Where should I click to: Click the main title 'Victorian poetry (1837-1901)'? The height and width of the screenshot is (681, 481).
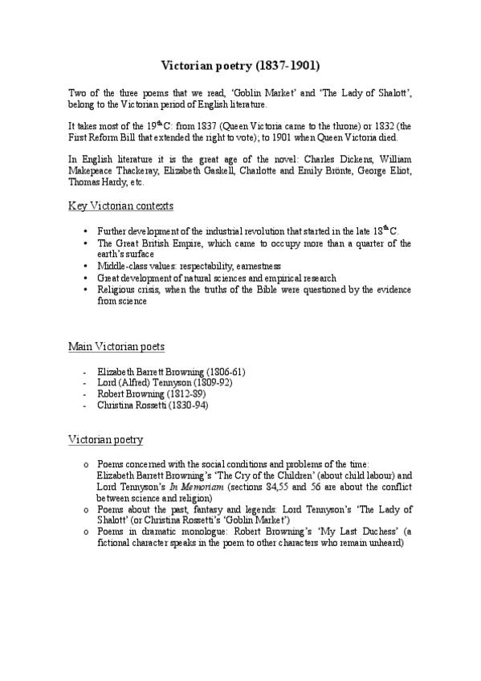click(x=241, y=61)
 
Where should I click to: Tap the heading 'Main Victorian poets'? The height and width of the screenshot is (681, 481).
click(x=116, y=347)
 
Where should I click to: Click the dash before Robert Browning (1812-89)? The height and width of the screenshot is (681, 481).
click(x=84, y=394)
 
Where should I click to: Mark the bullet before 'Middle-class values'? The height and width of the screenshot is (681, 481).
click(x=85, y=266)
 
